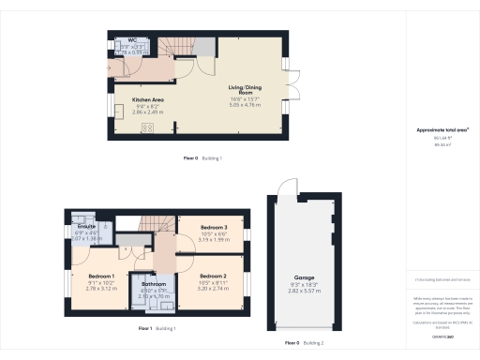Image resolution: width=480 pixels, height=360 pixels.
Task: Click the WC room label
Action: pos(120,40)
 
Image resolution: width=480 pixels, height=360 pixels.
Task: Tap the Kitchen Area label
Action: pos(131,98)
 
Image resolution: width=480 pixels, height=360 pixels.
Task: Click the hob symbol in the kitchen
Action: pos(148,128)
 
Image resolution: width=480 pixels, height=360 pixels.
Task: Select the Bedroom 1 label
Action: pos(101,277)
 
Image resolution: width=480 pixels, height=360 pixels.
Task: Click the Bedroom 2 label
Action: pos(214,277)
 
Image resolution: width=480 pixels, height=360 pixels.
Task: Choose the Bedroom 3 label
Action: pos(214,228)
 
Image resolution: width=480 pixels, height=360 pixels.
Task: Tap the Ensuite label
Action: pos(86,227)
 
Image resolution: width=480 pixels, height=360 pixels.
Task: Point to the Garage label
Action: pos(305,278)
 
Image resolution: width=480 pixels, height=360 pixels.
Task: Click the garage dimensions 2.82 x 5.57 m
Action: pos(305,291)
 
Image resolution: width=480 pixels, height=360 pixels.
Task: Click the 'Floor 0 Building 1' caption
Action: pos(202,158)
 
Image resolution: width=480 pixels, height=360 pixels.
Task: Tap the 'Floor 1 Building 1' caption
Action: pos(157,328)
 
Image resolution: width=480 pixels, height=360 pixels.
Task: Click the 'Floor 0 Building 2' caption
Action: pos(304,343)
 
